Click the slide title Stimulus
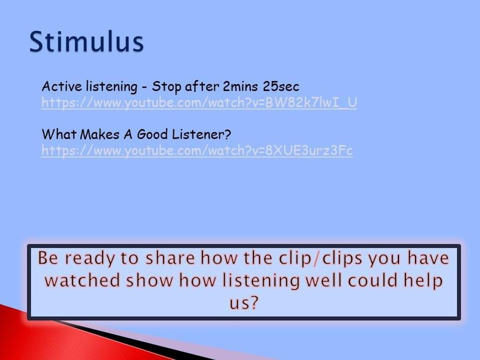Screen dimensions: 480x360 (86, 42)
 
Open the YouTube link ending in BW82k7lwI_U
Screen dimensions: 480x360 (199, 103)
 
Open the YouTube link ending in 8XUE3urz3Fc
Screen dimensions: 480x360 (197, 151)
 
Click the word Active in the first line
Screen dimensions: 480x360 (62, 86)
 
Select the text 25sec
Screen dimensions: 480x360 (281, 87)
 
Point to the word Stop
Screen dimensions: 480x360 (167, 87)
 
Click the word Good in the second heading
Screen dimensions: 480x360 (152, 134)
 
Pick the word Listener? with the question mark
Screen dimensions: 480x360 (201, 134)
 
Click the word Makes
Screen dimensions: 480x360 (100, 134)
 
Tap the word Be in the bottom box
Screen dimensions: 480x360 (48, 258)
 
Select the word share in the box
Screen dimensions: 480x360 (170, 258)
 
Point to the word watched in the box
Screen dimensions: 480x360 (83, 280)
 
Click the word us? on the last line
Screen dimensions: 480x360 (244, 303)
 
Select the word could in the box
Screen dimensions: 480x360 (372, 280)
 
